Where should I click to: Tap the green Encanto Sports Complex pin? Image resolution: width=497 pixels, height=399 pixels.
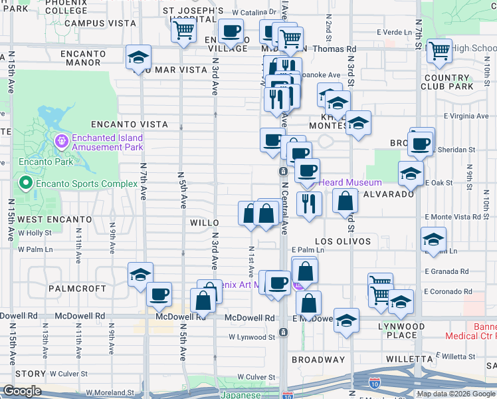[x=26, y=183]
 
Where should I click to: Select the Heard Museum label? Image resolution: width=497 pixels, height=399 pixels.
[x=350, y=182]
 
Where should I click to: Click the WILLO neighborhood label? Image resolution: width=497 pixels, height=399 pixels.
[x=203, y=223]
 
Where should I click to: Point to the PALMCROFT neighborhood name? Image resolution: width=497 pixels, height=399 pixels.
[x=77, y=289]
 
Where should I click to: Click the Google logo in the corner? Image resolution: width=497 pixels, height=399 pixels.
[x=23, y=391]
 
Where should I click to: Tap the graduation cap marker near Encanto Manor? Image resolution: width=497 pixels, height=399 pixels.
[x=138, y=58]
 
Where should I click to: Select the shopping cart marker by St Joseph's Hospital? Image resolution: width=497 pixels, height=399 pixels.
[x=183, y=29]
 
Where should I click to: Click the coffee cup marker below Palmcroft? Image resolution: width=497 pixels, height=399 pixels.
[x=159, y=294]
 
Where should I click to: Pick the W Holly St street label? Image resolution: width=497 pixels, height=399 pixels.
[x=35, y=233]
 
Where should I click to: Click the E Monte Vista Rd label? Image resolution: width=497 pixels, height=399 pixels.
[x=456, y=217]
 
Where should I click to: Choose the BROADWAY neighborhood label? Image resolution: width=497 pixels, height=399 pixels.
[x=319, y=360]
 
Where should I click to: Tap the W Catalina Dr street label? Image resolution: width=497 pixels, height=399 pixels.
[x=254, y=12]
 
